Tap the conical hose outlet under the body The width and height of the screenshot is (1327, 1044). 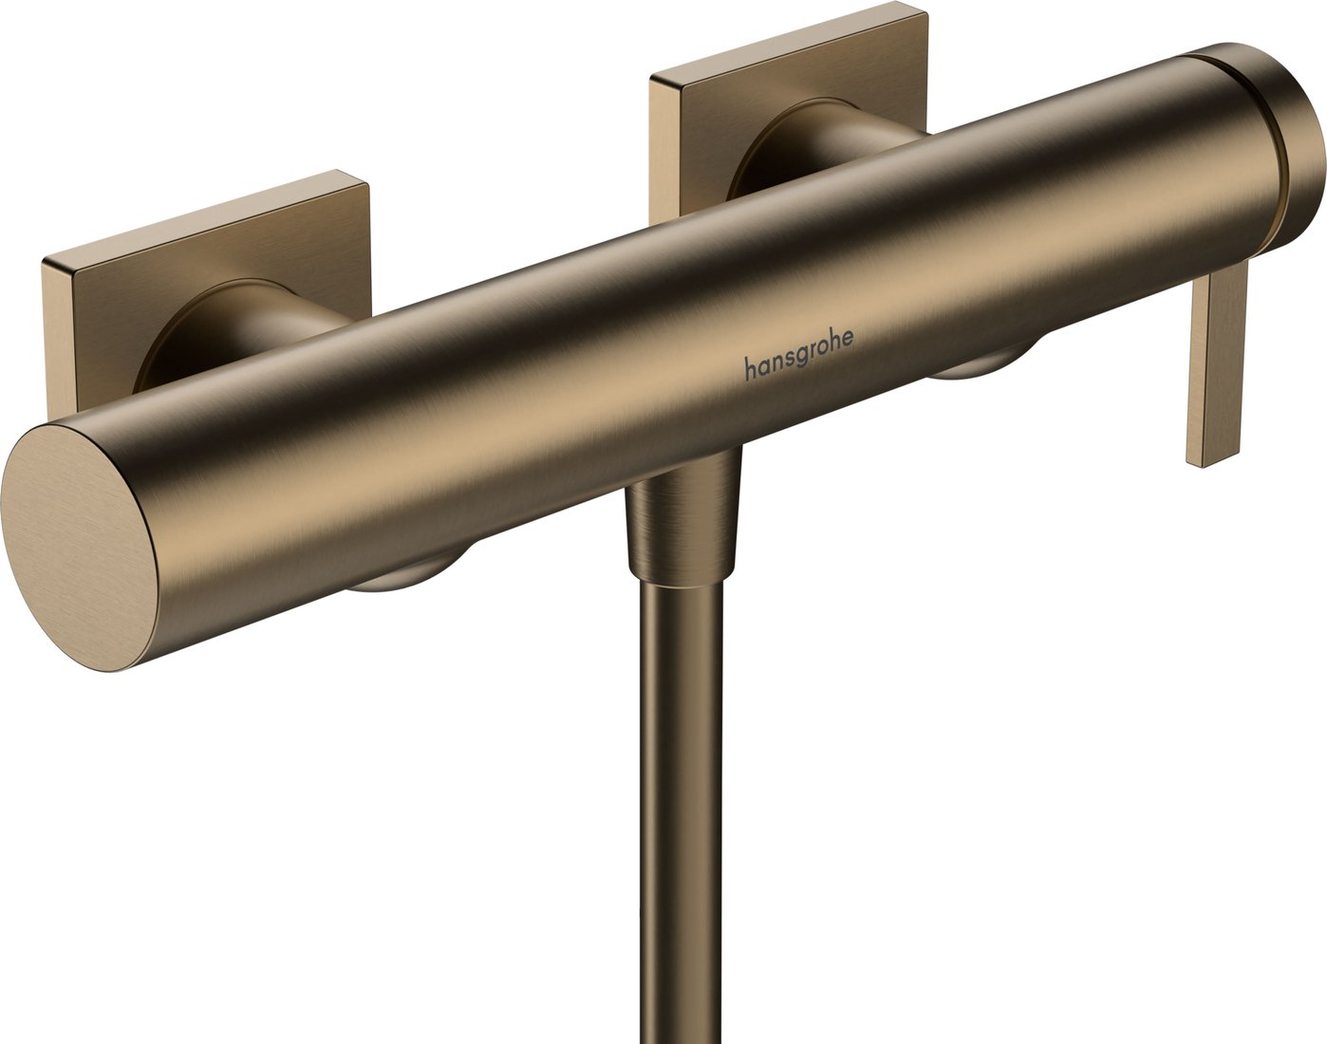pyautogui.click(x=682, y=522)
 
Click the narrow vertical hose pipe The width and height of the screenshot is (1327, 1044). pyautogui.click(x=682, y=807)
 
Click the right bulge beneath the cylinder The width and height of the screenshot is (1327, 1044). pyautogui.click(x=978, y=372)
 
